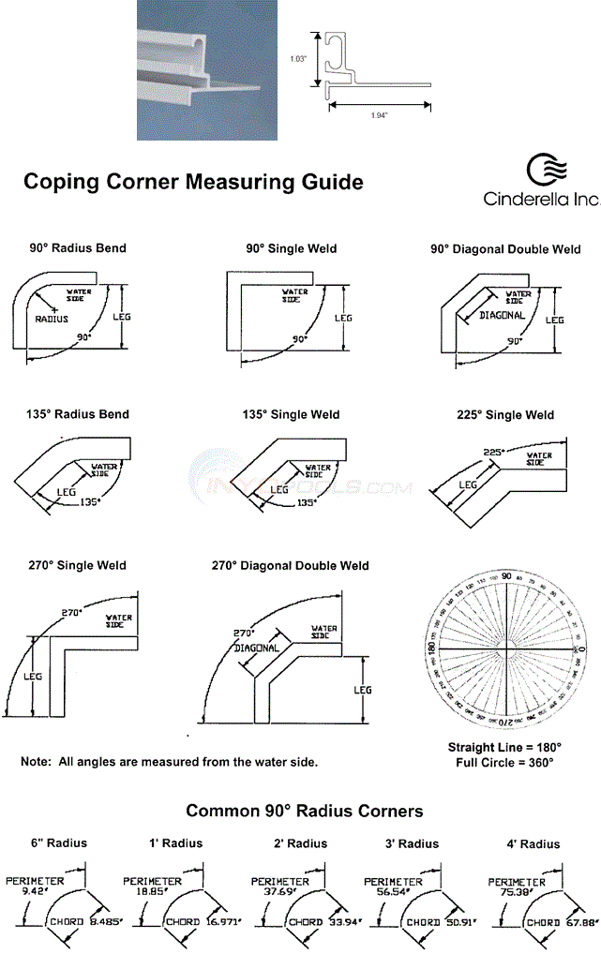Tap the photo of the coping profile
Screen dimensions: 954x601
tap(208, 70)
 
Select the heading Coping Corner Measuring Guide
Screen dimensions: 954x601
tap(192, 181)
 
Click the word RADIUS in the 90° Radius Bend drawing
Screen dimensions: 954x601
tap(53, 320)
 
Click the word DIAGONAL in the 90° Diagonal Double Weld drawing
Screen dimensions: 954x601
tap(502, 316)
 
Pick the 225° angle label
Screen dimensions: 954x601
tap(493, 452)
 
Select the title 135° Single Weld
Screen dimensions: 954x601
tap(291, 415)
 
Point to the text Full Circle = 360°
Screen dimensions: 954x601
tap(504, 763)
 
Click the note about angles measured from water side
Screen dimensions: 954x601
tap(169, 762)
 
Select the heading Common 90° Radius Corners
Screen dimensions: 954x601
tap(304, 811)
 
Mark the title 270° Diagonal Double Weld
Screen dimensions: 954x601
tap(290, 566)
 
